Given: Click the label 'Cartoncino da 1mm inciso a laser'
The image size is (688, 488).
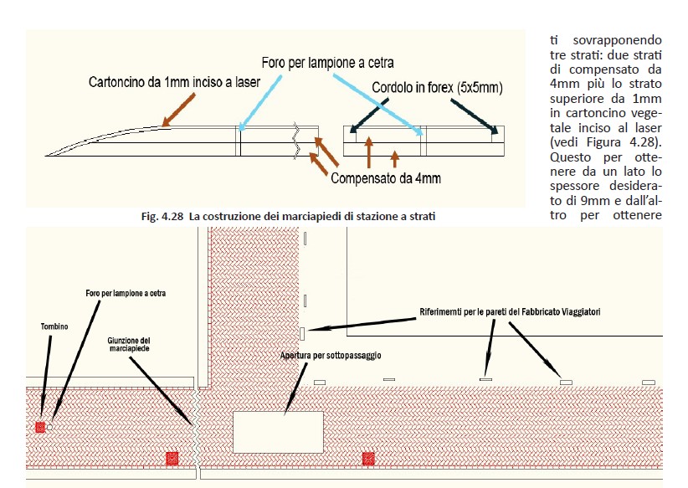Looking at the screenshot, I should tap(175, 82).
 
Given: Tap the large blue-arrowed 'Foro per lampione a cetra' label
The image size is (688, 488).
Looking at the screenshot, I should tap(326, 62).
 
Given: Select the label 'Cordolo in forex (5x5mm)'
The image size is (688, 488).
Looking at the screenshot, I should tap(437, 87).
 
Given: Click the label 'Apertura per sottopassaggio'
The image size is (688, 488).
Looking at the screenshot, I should tap(331, 356).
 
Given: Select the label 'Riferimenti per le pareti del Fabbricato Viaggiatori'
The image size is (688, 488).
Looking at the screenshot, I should tap(510, 312).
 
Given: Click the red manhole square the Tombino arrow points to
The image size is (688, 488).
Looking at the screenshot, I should tap(39, 428).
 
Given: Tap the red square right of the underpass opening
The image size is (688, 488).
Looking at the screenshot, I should tap(367, 458).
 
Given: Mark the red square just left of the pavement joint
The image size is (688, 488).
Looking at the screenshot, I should tap(172, 458).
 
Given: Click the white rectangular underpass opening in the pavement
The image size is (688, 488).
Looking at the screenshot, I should tap(278, 432).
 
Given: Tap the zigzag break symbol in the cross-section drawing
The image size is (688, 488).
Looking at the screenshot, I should tap(295, 142).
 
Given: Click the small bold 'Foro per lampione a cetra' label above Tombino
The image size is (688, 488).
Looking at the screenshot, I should tap(126, 295).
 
